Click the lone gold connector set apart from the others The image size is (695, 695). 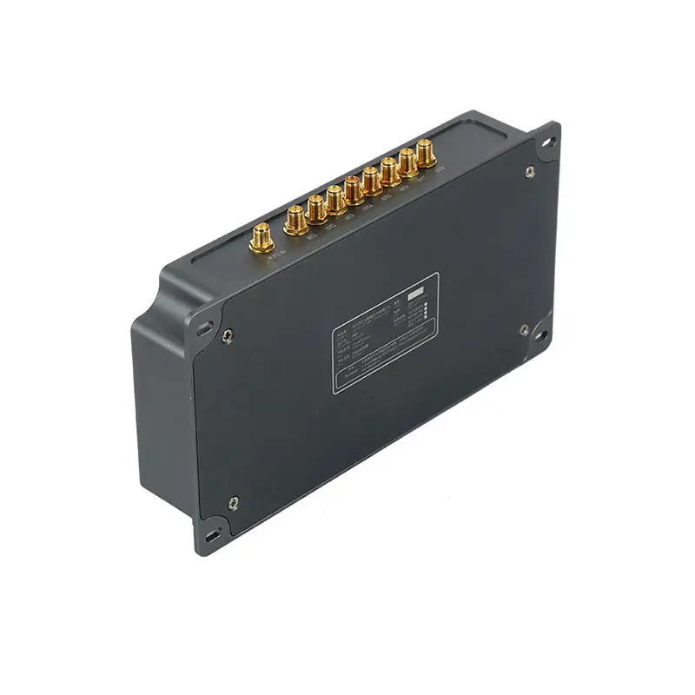tap(260, 237)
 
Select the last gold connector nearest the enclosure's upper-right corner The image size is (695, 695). tap(426, 153)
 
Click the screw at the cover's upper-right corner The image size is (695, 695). tap(530, 172)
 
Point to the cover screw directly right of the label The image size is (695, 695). tap(524, 329)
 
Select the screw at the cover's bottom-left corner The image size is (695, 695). tap(233, 501)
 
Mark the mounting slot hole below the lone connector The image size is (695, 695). tap(205, 328)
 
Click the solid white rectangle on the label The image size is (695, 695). tap(416, 293)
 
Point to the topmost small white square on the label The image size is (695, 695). tap(425, 304)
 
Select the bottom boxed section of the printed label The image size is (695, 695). tap(382, 368)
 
